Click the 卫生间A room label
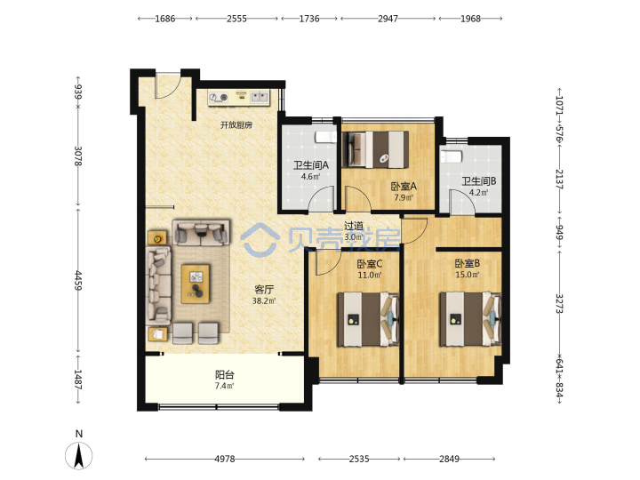tap(311, 165)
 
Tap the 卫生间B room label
tap(479, 180)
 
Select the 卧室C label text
tap(370, 264)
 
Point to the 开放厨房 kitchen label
tap(236, 125)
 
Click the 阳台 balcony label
tap(225, 374)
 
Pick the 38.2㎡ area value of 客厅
tap(264, 301)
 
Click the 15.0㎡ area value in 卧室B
tap(468, 275)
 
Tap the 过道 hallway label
tap(354, 226)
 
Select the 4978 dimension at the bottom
tap(225, 459)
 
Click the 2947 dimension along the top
tap(388, 19)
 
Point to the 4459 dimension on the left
tap(78, 280)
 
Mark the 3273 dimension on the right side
tap(559, 304)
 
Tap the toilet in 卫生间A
tap(325, 137)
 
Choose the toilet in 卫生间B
tap(451, 156)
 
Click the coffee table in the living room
tap(196, 284)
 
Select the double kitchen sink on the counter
tap(260, 97)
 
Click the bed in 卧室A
tap(375, 149)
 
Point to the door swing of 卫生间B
tap(462, 201)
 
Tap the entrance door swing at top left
tap(168, 85)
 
